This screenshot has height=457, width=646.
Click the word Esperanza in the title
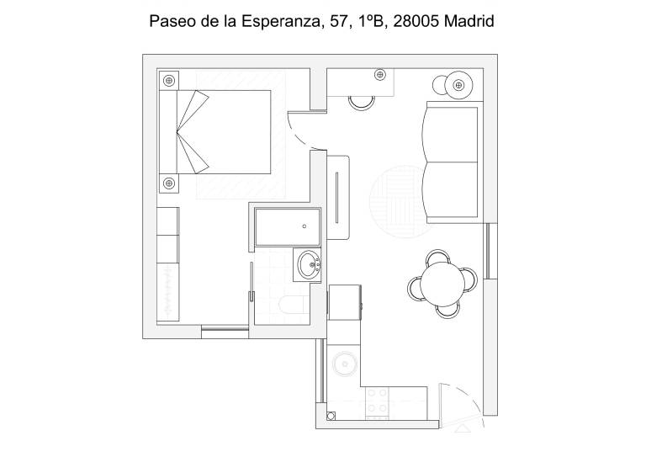[280, 21]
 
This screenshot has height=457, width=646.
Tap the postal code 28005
[416, 21]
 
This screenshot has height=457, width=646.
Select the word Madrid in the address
[469, 21]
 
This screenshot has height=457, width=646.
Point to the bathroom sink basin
[307, 264]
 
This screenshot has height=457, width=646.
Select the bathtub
[288, 227]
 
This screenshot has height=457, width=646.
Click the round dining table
[443, 284]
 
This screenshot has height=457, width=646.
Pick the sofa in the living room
[452, 162]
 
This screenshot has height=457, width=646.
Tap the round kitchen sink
[345, 364]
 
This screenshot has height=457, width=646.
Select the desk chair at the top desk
[362, 103]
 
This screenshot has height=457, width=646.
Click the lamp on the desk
[380, 75]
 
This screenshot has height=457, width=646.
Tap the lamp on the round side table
[458, 85]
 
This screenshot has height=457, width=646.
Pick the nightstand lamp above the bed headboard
[169, 80]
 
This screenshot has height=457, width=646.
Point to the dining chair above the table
[438, 257]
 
